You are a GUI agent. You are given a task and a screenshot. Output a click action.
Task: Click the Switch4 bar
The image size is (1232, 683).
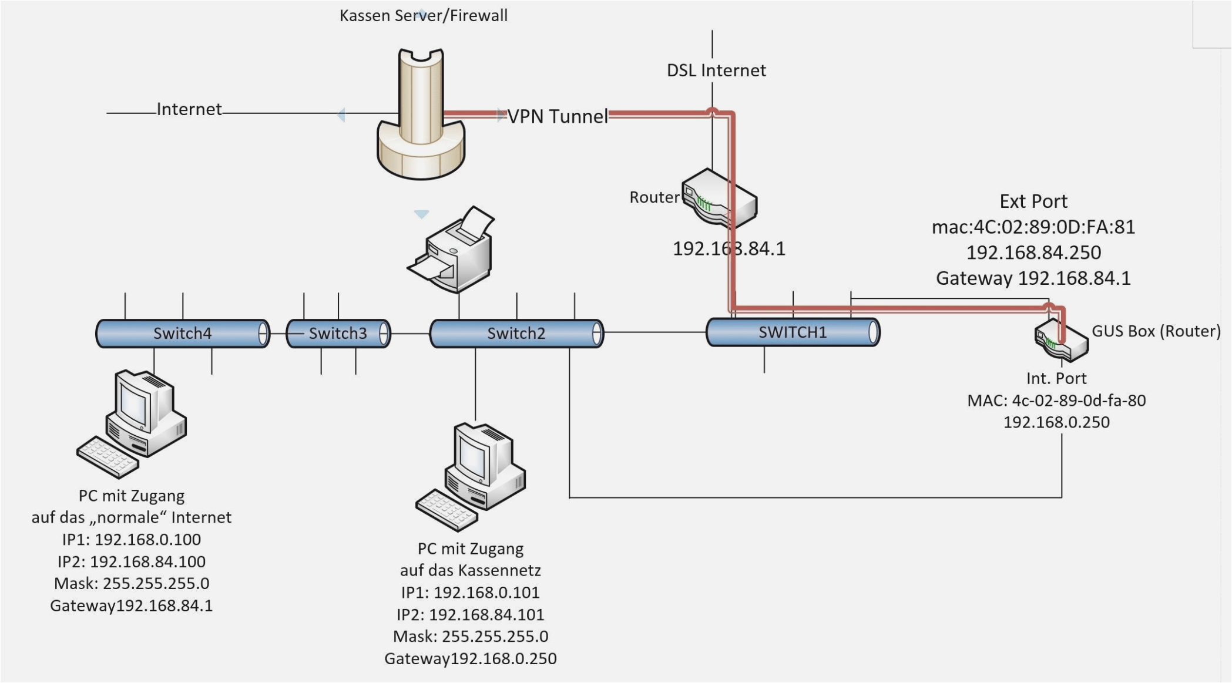click(182, 334)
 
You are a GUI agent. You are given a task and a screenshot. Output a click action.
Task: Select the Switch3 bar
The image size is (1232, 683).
click(338, 334)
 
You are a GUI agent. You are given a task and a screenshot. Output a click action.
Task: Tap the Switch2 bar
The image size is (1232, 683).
click(516, 334)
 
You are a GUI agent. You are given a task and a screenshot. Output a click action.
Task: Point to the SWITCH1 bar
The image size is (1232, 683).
click(792, 332)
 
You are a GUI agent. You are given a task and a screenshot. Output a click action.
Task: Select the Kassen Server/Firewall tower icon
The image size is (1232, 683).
click(421, 115)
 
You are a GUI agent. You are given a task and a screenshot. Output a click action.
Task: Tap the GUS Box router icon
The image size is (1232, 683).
click(1061, 341)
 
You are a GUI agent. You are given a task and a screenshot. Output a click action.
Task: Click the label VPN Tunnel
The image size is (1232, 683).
click(558, 116)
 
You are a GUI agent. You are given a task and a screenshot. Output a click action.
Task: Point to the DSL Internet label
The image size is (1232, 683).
click(716, 70)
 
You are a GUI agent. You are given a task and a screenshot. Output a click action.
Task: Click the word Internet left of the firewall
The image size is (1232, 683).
click(189, 109)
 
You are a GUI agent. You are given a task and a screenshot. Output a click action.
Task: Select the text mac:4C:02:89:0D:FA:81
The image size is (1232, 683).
click(1033, 227)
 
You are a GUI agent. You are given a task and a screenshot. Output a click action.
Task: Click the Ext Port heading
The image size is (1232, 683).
click(1033, 201)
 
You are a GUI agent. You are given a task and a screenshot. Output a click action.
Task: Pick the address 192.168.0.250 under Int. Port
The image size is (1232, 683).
click(1056, 422)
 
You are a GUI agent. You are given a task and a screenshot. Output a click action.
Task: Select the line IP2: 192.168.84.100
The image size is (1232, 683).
click(132, 561)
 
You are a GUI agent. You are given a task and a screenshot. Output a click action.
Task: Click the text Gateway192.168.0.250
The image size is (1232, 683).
click(470, 658)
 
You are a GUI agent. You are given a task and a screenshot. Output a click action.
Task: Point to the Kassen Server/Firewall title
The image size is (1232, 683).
click(423, 15)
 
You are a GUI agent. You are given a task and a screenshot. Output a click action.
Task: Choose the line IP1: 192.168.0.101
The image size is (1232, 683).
click(470, 592)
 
